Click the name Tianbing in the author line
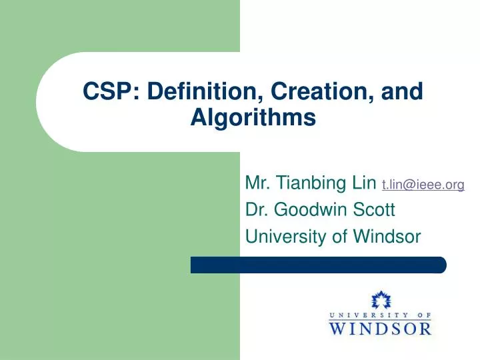313,183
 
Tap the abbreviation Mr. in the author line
259,183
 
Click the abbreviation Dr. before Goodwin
257,210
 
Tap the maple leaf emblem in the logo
380,301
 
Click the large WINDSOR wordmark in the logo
380,327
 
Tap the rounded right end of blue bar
441,265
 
